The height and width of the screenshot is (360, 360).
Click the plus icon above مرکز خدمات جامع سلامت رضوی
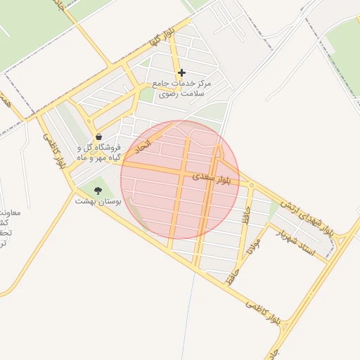pyautogui.click(x=181, y=72)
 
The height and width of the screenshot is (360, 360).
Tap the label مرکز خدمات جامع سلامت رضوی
pyautogui.click(x=185, y=88)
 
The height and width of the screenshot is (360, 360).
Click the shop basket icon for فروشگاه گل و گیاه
pyautogui.click(x=98, y=136)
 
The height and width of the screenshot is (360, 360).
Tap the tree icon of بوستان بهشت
pyautogui.click(x=98, y=191)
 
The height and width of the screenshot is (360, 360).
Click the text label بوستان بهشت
pyautogui.click(x=98, y=201)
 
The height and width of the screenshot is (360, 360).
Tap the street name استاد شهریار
pyautogui.click(x=295, y=241)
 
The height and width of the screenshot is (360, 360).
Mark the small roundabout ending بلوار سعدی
pyautogui.click(x=252, y=185)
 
